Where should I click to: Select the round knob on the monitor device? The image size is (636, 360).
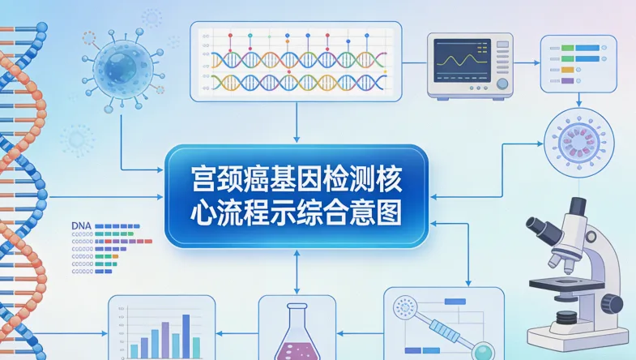(x=503, y=84)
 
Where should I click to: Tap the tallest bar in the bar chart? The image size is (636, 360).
(x=186, y=334)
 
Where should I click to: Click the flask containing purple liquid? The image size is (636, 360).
(x=296, y=336)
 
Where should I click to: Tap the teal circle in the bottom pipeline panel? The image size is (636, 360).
(x=484, y=351)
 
